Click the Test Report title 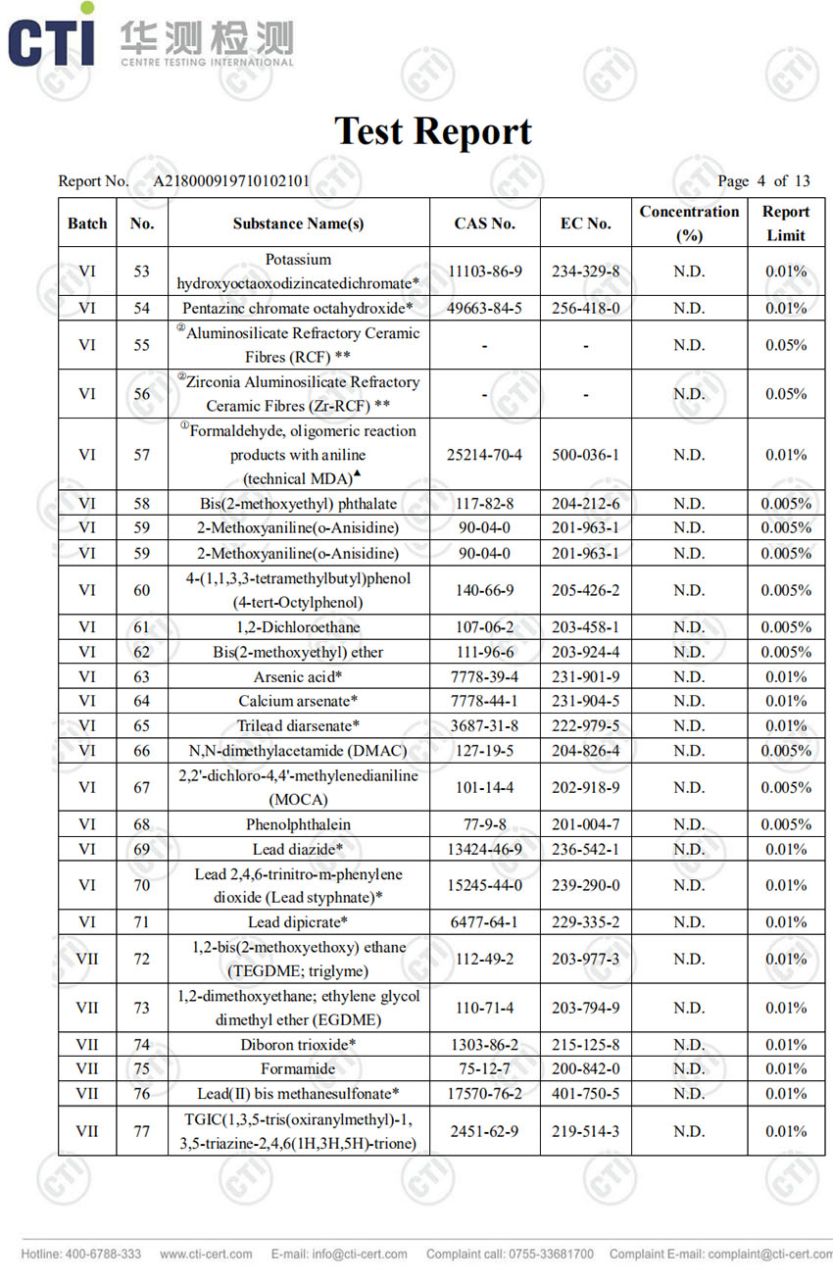[432, 131]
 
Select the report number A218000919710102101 [231, 180]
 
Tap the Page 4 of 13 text [763, 180]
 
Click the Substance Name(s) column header [298, 223]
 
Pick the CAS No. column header [484, 223]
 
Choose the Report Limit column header [785, 223]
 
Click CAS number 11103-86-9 [484, 272]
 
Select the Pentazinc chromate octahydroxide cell [298, 309]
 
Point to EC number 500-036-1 [585, 455]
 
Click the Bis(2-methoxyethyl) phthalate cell [298, 504]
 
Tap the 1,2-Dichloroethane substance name [298, 627]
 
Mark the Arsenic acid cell [298, 676]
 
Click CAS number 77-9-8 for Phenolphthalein [484, 824]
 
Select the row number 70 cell [142, 885]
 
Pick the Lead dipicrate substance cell [298, 922]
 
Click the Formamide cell [298, 1068]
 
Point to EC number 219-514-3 [585, 1131]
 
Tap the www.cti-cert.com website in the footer [206, 1254]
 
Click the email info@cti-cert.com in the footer [339, 1254]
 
